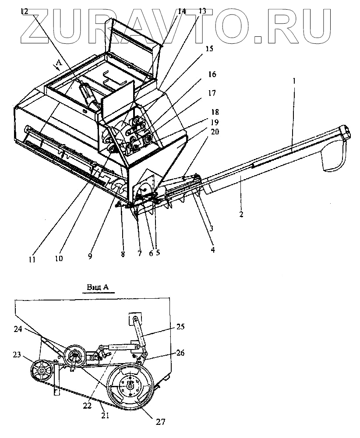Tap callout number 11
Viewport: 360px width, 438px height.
pos(32,260)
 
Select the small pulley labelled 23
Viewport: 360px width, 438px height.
pos(42,371)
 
